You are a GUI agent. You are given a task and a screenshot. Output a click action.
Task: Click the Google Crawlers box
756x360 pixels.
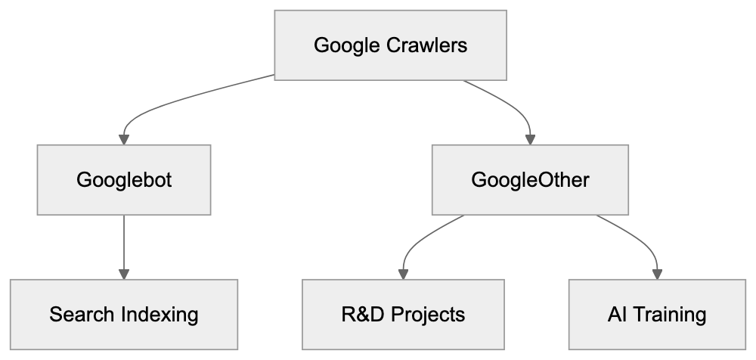pyautogui.click(x=390, y=45)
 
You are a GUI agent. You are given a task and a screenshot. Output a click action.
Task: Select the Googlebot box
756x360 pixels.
pyautogui.click(x=125, y=180)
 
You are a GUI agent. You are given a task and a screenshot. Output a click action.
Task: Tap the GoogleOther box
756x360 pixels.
pyautogui.click(x=530, y=180)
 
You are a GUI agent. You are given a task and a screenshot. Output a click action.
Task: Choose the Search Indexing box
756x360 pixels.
pyautogui.click(x=124, y=314)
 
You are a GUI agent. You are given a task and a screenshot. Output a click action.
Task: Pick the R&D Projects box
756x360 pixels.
pyautogui.click(x=403, y=314)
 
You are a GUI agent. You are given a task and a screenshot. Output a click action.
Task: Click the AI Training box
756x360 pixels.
pyautogui.click(x=656, y=314)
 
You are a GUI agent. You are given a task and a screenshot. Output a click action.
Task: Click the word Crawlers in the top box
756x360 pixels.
pyautogui.click(x=426, y=45)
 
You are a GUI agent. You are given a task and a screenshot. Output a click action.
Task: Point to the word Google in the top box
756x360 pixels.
pyautogui.click(x=346, y=45)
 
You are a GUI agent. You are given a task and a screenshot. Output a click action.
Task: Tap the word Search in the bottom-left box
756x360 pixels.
pyautogui.click(x=82, y=315)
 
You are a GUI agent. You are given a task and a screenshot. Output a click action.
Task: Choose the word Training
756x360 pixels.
pyautogui.click(x=668, y=315)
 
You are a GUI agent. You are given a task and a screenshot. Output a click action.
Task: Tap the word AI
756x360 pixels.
pyautogui.click(x=617, y=315)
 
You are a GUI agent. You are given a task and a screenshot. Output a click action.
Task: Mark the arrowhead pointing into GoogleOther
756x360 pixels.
pyautogui.click(x=530, y=138)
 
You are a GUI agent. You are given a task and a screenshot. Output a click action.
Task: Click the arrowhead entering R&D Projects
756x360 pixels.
pyautogui.click(x=403, y=273)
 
